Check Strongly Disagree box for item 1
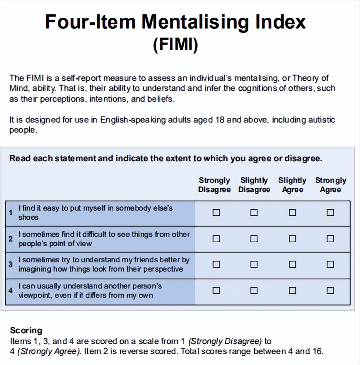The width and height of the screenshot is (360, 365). tap(216, 213)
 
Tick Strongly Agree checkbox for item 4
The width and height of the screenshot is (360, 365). tap(330, 291)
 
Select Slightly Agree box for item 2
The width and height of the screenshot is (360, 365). tap(293, 239)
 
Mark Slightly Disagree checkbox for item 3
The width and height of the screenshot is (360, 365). tap(254, 264)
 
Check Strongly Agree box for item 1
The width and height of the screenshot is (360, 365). tap(330, 213)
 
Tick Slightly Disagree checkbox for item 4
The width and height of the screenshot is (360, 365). tap(254, 291)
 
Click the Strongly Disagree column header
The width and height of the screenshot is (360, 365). tap(214, 185)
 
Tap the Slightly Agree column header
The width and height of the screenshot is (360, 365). tap(292, 185)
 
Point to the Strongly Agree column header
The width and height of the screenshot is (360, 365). tap(330, 185)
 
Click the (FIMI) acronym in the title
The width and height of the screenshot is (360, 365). tap(175, 44)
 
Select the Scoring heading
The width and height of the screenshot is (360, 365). tap(26, 330)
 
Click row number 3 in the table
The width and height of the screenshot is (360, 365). tap(11, 264)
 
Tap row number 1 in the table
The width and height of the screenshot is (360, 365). tap(11, 213)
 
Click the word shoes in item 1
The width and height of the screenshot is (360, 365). tap(29, 218)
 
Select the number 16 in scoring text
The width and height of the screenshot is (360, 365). tap(318, 351)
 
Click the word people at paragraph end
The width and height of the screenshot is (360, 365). tap(23, 130)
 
